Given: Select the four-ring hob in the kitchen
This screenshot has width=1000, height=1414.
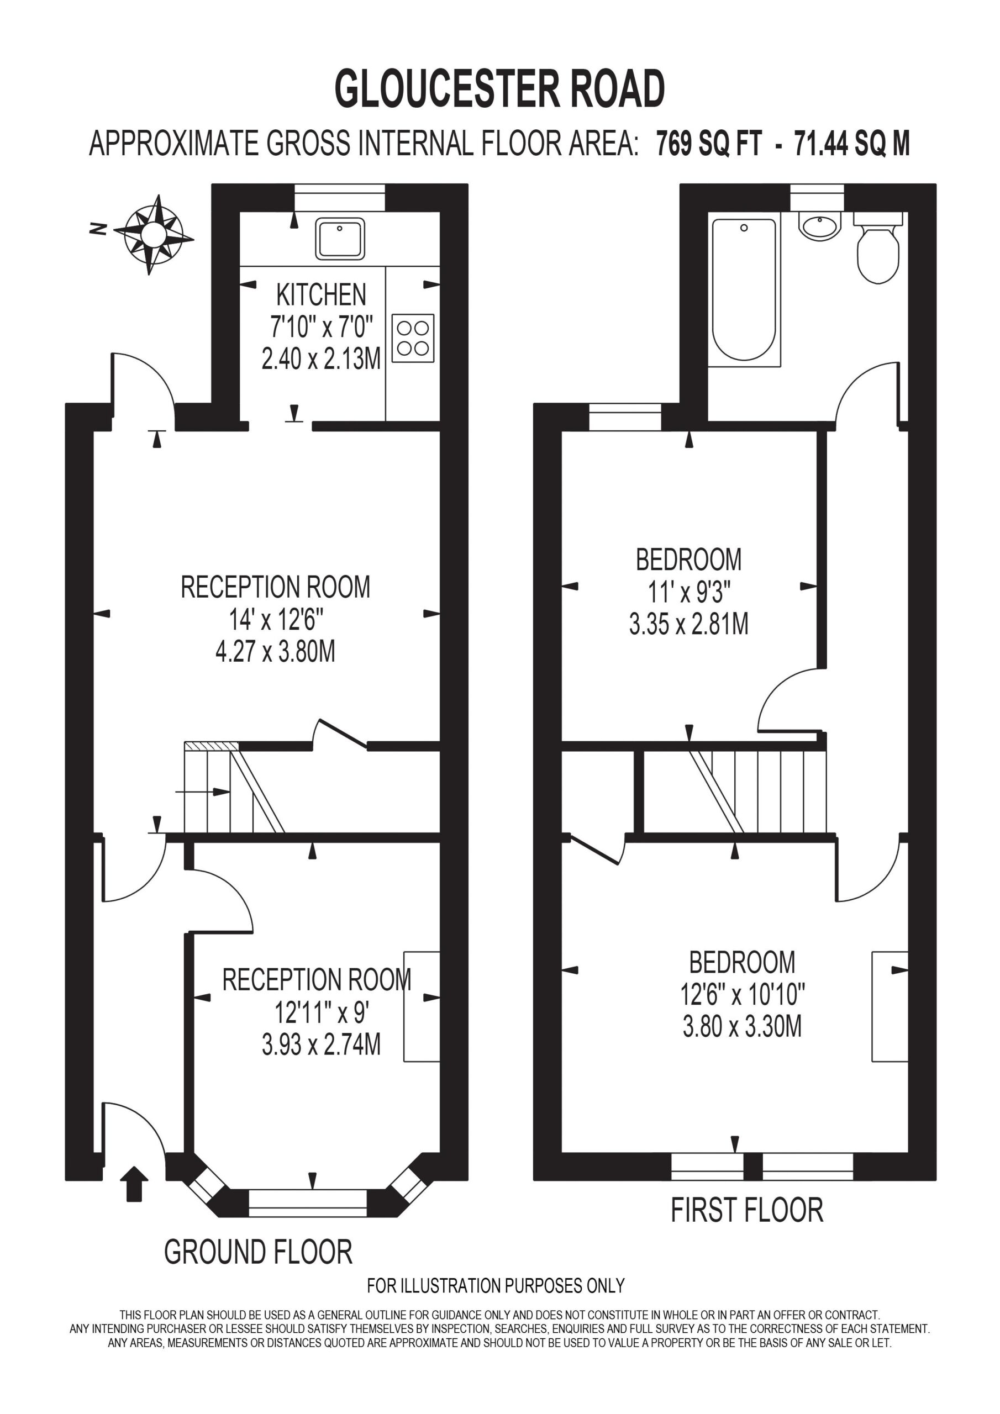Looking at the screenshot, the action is (x=413, y=338).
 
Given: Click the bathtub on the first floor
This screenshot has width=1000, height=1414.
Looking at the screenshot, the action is (x=744, y=289).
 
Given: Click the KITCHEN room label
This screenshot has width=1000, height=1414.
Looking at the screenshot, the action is (x=321, y=294).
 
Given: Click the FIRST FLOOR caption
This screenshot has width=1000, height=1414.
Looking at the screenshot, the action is (x=747, y=1210).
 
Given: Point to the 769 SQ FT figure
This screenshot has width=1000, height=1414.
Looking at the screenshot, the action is (x=709, y=144).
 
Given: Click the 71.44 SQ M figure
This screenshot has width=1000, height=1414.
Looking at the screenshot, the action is (x=852, y=144).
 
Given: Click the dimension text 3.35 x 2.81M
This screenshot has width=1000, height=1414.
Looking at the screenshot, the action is (x=689, y=625).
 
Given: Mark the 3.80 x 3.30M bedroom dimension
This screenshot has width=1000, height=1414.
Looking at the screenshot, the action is (x=743, y=1027).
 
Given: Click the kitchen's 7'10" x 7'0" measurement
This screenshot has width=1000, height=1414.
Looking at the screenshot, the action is (x=322, y=326).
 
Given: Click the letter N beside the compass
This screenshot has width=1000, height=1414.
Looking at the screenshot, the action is (x=97, y=230).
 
